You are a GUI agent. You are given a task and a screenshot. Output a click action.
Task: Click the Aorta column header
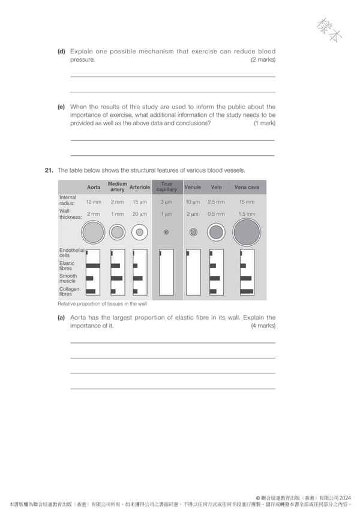[x=94, y=187]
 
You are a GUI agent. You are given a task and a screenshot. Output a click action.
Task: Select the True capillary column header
[x=167, y=187]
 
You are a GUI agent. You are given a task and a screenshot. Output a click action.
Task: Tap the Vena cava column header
[x=247, y=187]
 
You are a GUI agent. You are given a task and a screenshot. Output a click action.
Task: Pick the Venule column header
[x=193, y=187]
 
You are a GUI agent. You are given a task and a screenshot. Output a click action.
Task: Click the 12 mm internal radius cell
[x=94, y=202]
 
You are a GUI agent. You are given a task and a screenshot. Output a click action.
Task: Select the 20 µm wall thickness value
[x=140, y=214]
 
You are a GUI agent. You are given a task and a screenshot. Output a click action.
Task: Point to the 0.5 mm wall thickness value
[x=216, y=214]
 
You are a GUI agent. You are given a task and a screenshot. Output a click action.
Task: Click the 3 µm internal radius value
[x=167, y=202]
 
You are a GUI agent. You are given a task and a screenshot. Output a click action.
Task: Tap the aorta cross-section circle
[x=93, y=231]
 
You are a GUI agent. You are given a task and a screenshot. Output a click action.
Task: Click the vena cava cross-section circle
[x=247, y=231]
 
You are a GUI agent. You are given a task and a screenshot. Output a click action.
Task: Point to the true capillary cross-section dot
[x=166, y=232]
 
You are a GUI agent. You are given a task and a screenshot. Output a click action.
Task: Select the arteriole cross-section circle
[x=140, y=232]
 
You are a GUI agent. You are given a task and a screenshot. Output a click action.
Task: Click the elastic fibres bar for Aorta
[x=93, y=265]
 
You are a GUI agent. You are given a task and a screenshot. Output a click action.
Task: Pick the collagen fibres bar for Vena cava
[x=246, y=291]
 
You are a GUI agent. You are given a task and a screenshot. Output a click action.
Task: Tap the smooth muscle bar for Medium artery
[x=116, y=278]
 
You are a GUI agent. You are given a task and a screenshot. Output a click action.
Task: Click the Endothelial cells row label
[x=71, y=253]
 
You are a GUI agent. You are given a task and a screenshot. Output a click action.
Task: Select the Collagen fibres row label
[x=70, y=291]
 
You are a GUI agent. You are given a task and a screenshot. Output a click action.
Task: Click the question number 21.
[x=49, y=170]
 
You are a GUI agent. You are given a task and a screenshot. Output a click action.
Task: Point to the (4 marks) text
[x=263, y=326]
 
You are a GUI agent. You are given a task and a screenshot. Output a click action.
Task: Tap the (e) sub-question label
[x=61, y=107]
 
